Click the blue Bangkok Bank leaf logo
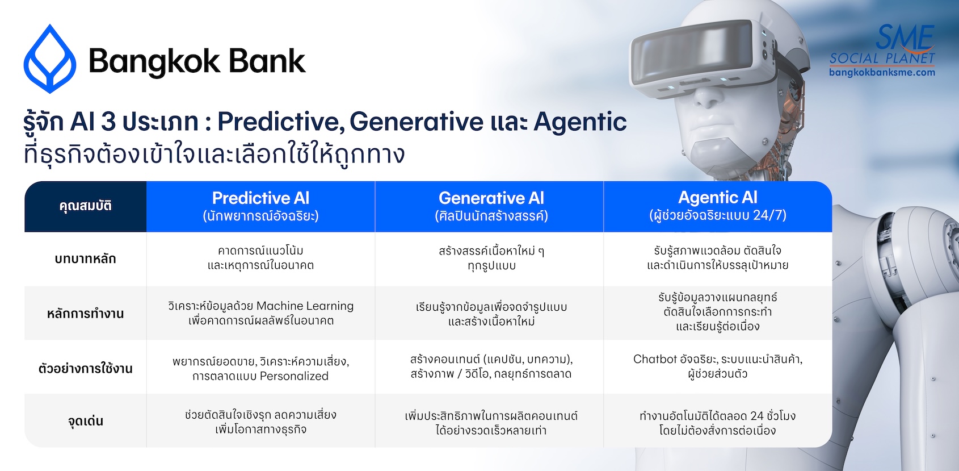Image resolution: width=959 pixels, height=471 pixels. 50,59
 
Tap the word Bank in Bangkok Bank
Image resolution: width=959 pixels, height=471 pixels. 267,61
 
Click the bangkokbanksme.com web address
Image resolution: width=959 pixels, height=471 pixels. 882,72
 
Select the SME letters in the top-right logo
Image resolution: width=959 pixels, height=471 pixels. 904,37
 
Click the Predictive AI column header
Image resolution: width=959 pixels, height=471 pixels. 260,207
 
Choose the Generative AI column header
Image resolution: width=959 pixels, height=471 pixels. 491,207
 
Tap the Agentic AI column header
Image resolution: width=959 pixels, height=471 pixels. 717,207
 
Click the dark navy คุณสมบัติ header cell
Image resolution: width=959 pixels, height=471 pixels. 86,207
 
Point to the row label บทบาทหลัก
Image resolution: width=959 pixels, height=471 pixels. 86,259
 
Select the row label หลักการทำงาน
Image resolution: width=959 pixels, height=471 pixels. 86,314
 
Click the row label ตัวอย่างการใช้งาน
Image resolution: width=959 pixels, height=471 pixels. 86,369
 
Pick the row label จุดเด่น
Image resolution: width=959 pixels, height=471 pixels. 86,421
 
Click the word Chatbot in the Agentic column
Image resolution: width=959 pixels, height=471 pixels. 655,359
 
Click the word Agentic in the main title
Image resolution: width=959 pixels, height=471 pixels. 580,123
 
